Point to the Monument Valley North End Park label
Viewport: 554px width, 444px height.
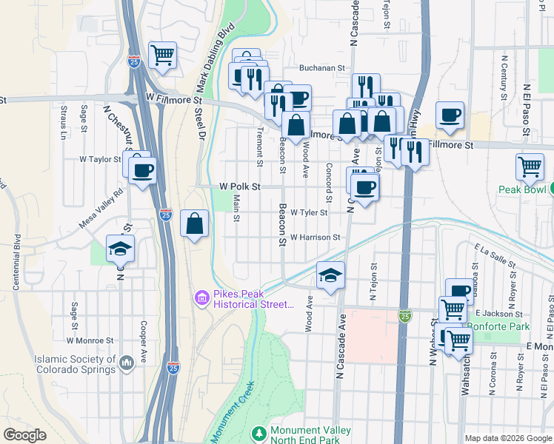pos(304,435)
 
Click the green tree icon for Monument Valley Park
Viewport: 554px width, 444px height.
pos(259,432)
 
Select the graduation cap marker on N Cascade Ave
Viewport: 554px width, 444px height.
pos(331,276)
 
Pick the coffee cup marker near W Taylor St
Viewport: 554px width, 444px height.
pos(142,171)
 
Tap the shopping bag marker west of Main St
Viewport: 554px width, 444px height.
pos(194,223)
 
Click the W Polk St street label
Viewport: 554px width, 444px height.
pos(240,187)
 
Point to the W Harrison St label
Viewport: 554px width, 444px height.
pos(315,238)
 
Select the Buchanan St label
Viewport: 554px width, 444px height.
pos(322,68)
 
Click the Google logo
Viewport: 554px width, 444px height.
pos(25,435)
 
